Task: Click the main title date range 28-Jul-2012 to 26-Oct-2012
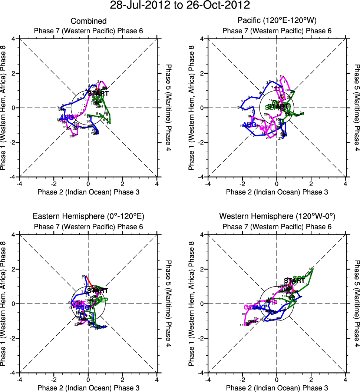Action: coord(180,6)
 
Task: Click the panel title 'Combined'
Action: coord(89,21)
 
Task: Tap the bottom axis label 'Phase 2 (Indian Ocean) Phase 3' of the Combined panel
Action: coord(89,192)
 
